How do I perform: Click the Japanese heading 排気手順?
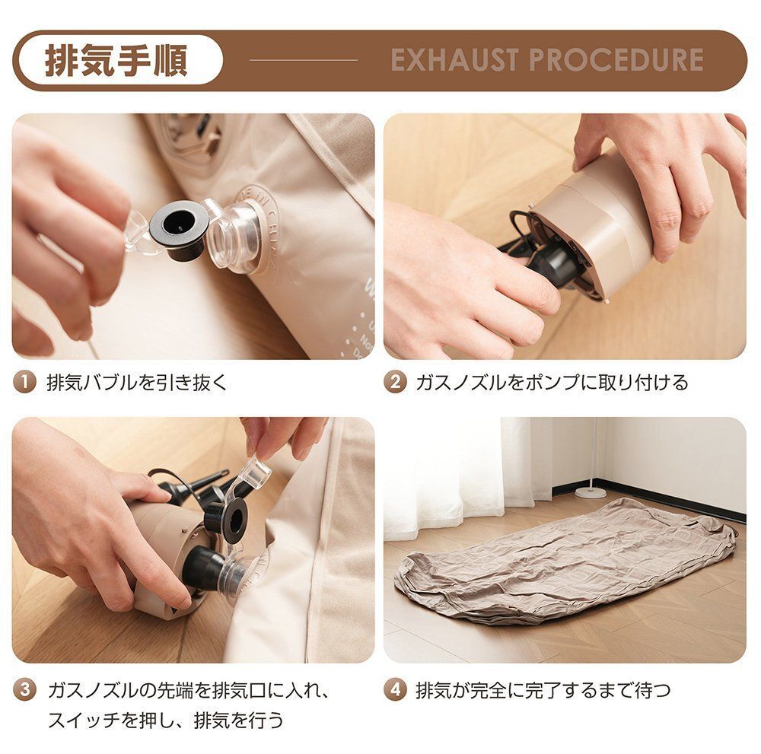click(116, 61)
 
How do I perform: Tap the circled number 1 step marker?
click(24, 382)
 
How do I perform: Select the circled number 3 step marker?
click(24, 691)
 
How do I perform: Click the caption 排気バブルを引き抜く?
click(137, 382)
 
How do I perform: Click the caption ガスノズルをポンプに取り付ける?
click(552, 382)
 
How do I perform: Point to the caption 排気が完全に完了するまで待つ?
click(543, 691)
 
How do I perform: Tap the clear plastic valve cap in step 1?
click(236, 236)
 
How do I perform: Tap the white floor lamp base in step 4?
click(591, 492)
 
